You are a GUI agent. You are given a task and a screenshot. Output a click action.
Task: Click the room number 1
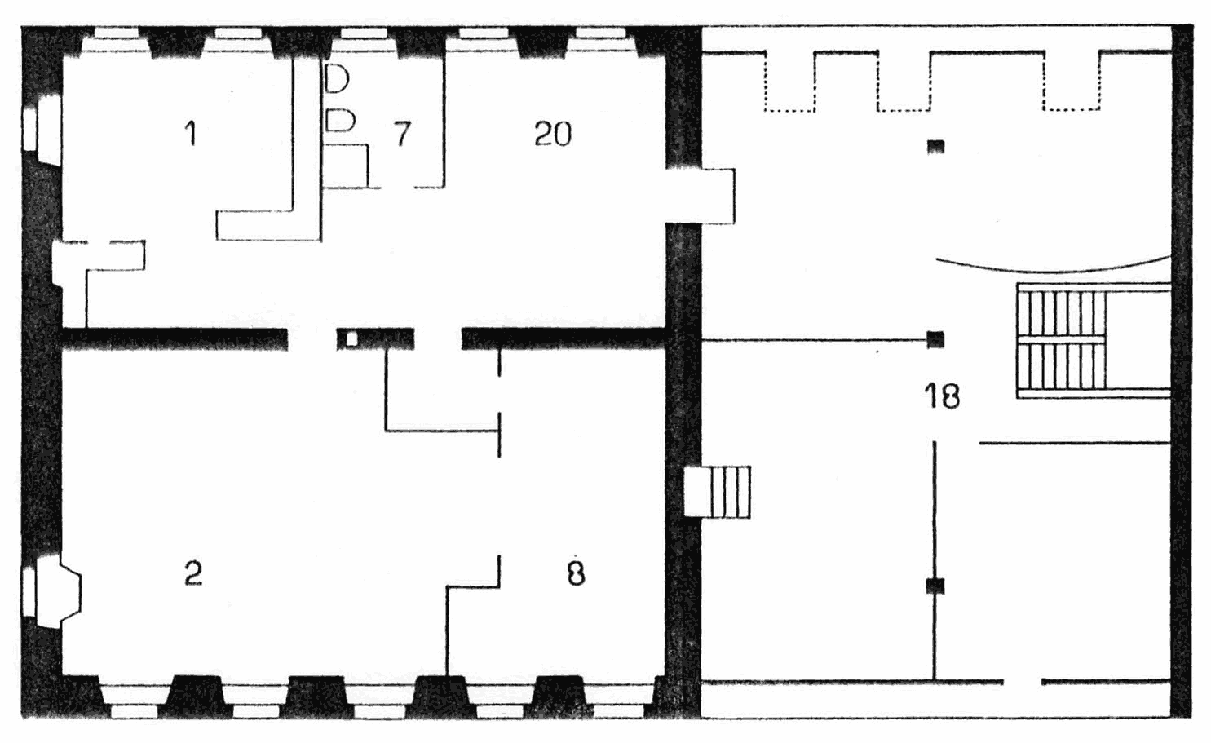click(190, 134)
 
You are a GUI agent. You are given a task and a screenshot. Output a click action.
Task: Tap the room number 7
click(402, 134)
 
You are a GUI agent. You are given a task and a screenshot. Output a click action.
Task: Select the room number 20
click(553, 134)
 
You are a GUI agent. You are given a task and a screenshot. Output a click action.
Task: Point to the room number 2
click(193, 573)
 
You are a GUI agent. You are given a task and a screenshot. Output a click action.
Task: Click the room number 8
click(577, 573)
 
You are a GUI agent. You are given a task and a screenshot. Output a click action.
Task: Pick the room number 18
click(943, 396)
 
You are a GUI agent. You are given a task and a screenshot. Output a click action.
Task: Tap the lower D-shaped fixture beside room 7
click(340, 120)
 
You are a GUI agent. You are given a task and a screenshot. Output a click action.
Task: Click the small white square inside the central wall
click(351, 339)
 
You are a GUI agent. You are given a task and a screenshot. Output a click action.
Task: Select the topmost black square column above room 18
click(936, 147)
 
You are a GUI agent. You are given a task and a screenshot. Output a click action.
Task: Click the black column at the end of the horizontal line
click(936, 339)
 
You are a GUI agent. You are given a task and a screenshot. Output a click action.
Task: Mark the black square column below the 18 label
click(935, 586)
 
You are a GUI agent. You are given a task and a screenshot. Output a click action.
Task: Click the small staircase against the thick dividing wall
click(718, 492)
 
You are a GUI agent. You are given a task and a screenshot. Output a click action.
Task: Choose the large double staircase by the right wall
click(1093, 341)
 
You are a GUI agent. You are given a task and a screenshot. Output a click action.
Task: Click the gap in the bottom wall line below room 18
click(1023, 682)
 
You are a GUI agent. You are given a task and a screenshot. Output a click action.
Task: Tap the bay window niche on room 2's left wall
click(52, 592)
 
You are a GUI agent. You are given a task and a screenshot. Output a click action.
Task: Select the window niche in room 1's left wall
click(42, 130)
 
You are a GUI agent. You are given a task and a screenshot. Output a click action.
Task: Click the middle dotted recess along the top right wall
click(904, 81)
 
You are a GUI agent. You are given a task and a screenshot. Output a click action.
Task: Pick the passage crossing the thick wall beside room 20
click(701, 196)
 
